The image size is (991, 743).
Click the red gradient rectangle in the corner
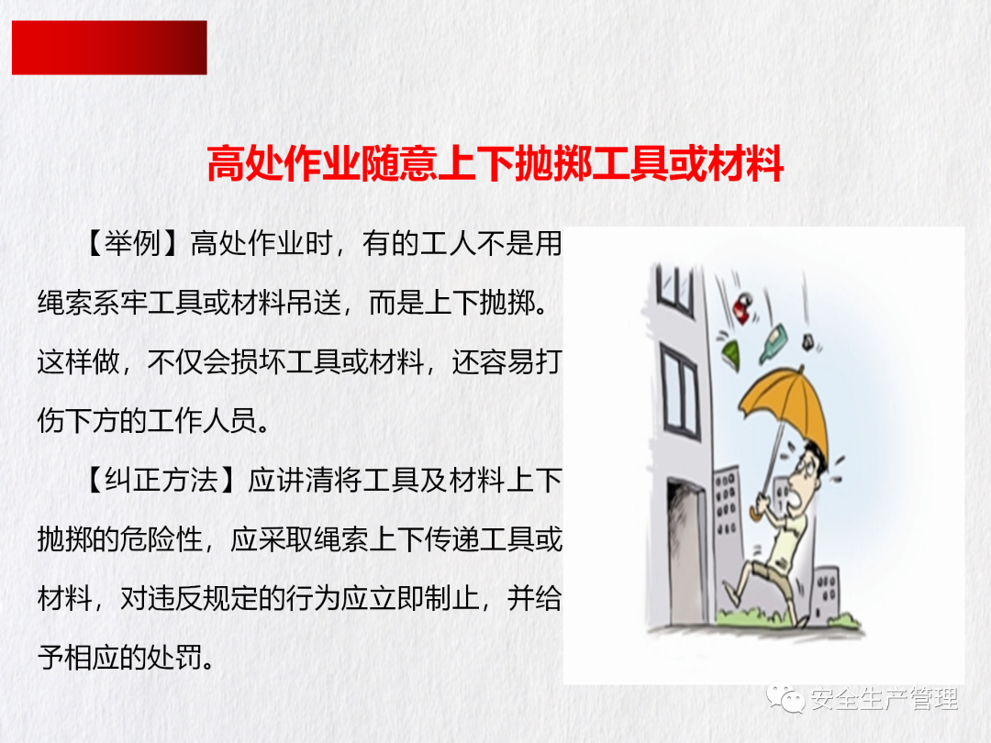(x=109, y=48)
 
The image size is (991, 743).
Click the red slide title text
(x=495, y=163)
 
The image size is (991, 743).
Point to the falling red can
(x=744, y=308)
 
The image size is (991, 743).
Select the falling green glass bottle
(x=773, y=342)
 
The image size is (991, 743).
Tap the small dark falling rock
(x=807, y=344)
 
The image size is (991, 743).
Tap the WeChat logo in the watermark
(x=785, y=697)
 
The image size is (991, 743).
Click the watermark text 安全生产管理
(x=885, y=699)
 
